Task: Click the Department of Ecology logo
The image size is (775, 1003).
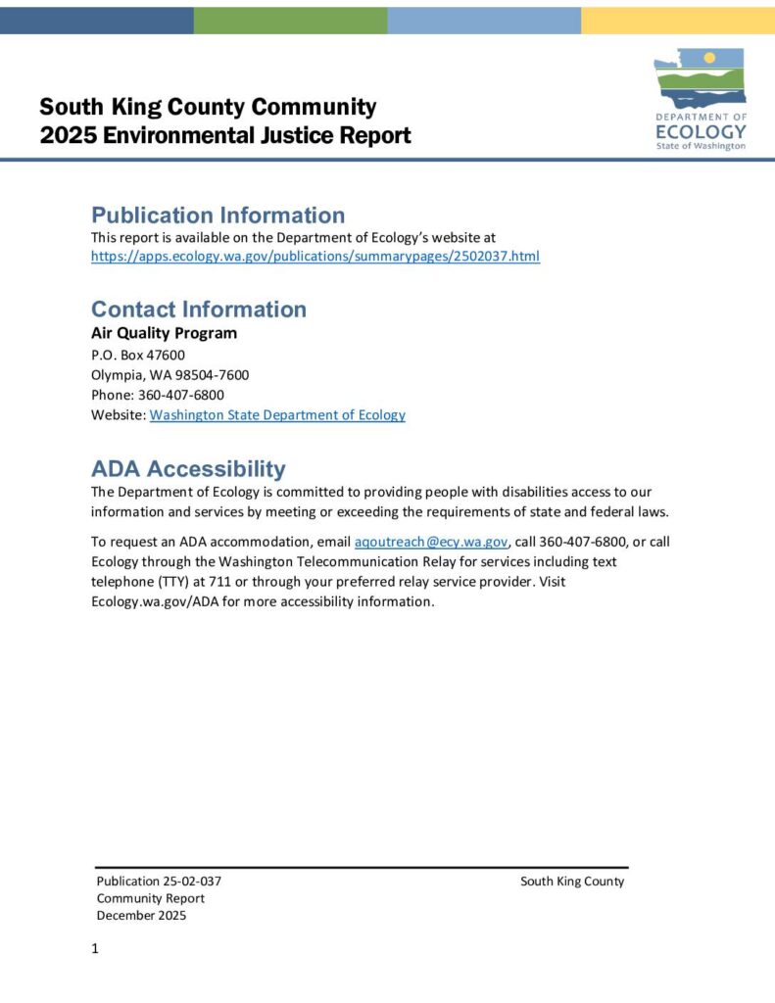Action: pos(700,100)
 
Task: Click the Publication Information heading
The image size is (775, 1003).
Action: pos(218,215)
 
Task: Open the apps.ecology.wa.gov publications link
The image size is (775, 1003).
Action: pos(315,257)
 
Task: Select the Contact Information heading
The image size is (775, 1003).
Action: pos(199,310)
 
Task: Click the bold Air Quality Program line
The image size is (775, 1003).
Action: pos(164,333)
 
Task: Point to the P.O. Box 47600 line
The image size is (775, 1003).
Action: pos(138,356)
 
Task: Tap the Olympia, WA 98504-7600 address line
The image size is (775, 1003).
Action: pos(170,375)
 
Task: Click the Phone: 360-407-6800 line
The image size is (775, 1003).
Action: pos(158,395)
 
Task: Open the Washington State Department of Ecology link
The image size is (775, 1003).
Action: pos(277,415)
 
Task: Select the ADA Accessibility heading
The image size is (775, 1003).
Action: pos(188,468)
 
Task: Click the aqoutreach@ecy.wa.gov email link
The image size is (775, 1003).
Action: pos(431,542)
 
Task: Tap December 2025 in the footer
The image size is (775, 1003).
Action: pos(141,916)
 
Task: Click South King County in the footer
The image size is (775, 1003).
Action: pos(572,882)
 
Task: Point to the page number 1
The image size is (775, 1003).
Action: pos(95,948)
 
